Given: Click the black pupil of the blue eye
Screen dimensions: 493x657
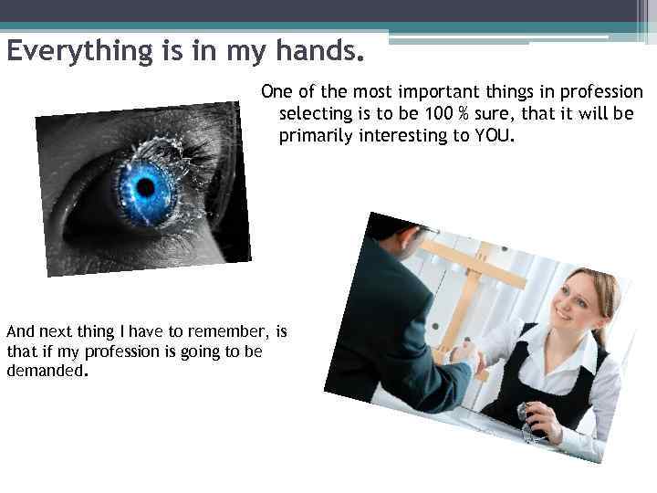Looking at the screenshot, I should coord(145,186).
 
